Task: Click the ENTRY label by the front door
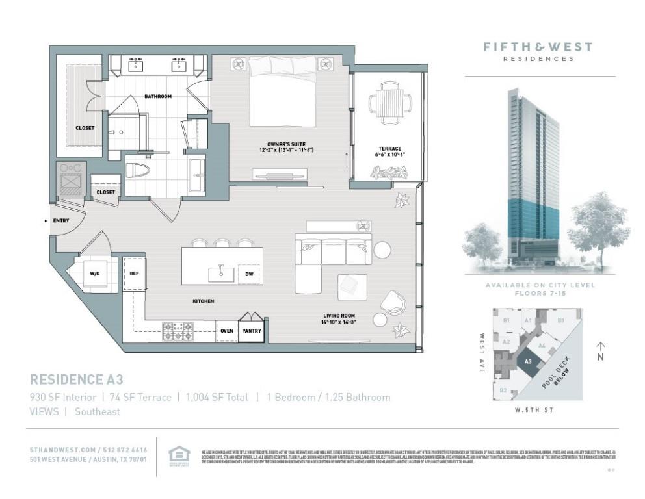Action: click(61, 221)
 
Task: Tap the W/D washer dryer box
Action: click(95, 274)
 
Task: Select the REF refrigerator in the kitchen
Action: click(135, 274)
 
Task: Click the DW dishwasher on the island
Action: click(248, 274)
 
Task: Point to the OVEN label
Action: click(227, 331)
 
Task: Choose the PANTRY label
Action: click(252, 331)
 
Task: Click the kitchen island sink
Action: click(221, 273)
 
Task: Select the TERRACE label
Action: click(390, 149)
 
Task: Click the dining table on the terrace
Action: click(390, 103)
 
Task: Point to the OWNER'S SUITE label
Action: click(286, 144)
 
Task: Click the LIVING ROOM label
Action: click(337, 316)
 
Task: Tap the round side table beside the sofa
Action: click(382, 250)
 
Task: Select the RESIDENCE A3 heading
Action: click(77, 379)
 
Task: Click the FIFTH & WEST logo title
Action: click(538, 47)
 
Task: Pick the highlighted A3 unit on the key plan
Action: click(528, 361)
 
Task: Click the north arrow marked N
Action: click(601, 351)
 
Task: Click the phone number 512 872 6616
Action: click(125, 450)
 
